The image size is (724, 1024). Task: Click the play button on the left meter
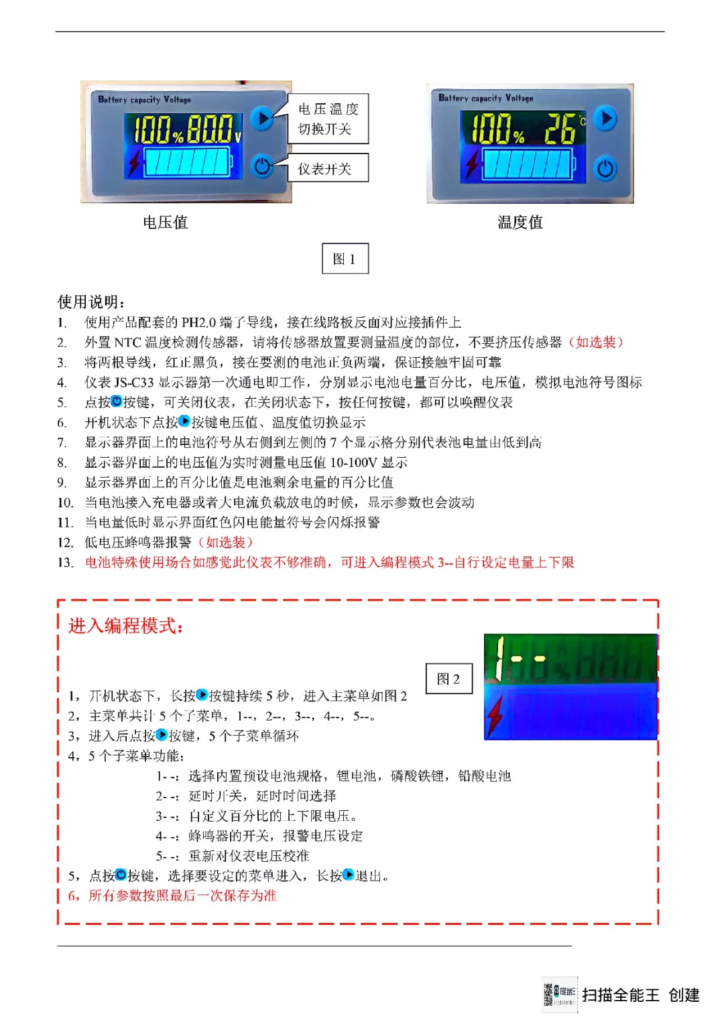[262, 119]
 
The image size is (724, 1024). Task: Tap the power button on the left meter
[262, 166]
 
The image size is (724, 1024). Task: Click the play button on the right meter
[605, 119]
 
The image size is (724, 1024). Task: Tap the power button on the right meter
[605, 168]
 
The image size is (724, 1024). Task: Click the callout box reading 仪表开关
[328, 168]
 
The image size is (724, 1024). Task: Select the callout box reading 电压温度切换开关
[328, 119]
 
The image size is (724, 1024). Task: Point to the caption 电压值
[165, 222]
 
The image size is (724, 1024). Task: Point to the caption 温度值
[520, 222]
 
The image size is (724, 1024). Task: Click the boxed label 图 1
[345, 259]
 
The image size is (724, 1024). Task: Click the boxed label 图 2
[449, 679]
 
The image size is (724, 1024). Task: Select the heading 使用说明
[91, 302]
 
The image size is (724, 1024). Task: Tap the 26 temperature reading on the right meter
[560, 129]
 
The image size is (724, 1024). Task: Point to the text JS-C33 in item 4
[133, 383]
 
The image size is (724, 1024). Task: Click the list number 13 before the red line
[65, 563]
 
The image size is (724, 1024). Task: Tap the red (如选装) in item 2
[596, 342]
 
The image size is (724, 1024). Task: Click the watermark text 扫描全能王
[621, 995]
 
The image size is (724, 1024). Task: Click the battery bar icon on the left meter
[188, 162]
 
